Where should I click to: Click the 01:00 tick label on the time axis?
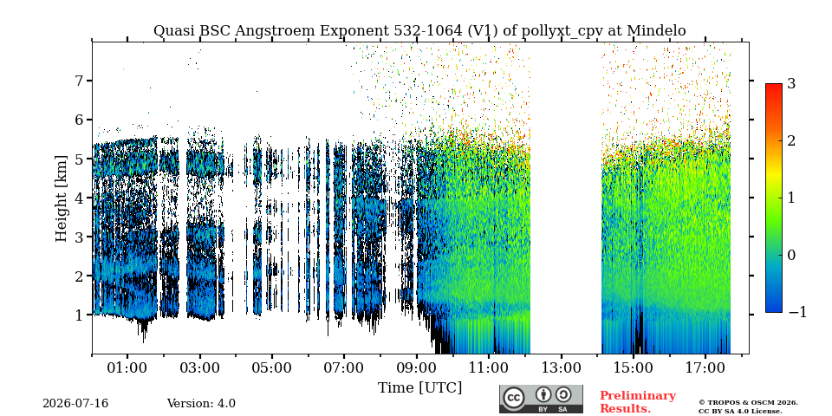pyautogui.click(x=127, y=367)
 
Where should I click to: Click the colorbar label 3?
pyautogui.click(x=792, y=83)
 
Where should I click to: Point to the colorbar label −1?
pyautogui.click(x=797, y=312)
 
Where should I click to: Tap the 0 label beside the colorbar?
pyautogui.click(x=792, y=255)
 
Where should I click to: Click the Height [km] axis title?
pyautogui.click(x=62, y=198)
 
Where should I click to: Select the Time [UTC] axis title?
pyautogui.click(x=419, y=388)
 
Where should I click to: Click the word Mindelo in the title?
pyautogui.click(x=656, y=31)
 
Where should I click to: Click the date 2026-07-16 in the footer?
pyautogui.click(x=75, y=404)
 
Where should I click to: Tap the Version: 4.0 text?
pyautogui.click(x=201, y=404)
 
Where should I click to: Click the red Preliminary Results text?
pyautogui.click(x=638, y=402)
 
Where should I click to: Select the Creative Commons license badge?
pyautogui.click(x=541, y=399)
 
